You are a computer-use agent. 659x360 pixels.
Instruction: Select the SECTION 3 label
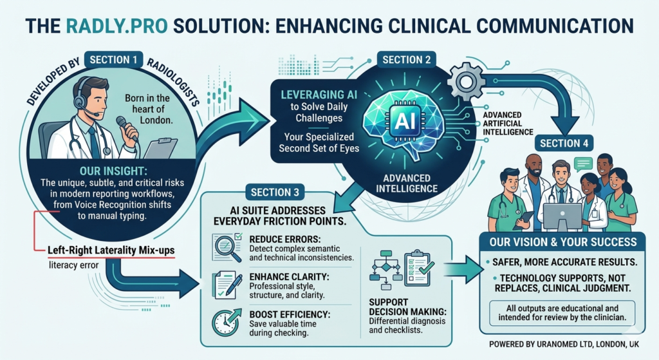tap(274, 191)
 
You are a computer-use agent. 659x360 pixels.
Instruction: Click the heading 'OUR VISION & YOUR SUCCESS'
tap(562, 242)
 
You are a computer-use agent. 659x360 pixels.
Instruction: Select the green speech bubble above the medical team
tap(583, 164)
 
